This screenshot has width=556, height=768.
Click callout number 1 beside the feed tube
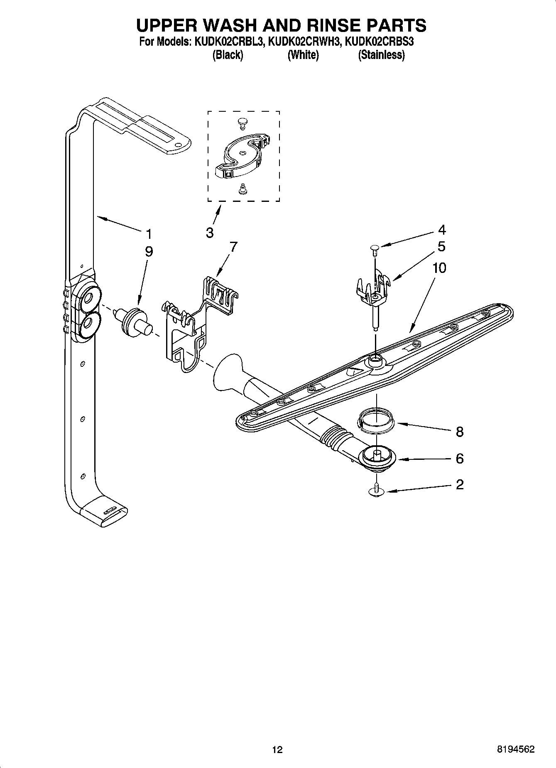[149, 234]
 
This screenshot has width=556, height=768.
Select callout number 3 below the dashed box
[210, 233]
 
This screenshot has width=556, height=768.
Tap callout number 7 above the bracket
[234, 247]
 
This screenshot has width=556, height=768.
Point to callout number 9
[149, 251]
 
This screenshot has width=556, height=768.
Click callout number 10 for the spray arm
[439, 268]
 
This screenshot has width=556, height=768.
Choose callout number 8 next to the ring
[459, 432]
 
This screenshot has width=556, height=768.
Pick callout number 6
[459, 459]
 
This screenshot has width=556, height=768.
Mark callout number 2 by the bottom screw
[459, 484]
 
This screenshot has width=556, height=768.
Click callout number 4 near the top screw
[442, 230]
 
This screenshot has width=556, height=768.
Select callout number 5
[441, 246]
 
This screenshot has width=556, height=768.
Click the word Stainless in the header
[381, 54]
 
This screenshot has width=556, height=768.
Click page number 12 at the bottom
[277, 749]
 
